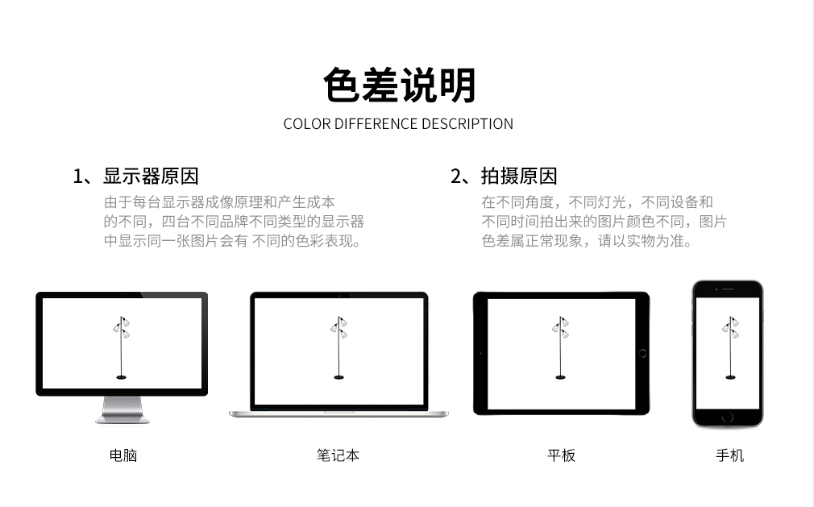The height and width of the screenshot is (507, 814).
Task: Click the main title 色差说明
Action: coord(399,85)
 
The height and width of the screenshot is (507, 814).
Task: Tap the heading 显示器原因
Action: coord(151,176)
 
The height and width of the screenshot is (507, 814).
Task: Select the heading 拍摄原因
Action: coord(518,176)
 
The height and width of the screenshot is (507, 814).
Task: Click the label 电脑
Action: coord(123,455)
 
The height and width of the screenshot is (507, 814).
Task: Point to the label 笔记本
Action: coord(338,455)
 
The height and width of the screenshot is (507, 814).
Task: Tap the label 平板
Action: coord(561,455)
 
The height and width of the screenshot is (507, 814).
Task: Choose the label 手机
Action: coord(730,455)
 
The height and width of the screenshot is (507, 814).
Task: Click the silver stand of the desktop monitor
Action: coord(123,410)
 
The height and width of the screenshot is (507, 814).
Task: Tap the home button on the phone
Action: coord(728,417)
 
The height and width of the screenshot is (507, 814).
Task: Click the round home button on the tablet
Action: coord(642,353)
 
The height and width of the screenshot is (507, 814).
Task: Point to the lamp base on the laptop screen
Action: coord(339,377)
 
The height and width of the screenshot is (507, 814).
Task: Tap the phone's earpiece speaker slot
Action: coord(728,289)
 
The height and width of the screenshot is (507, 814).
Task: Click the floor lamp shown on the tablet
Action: coord(560,347)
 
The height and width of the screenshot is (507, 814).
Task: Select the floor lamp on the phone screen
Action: coord(730,347)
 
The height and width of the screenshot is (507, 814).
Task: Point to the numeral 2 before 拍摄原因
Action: coord(455,177)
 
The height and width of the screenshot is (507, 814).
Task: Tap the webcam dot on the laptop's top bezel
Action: coord(339,295)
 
